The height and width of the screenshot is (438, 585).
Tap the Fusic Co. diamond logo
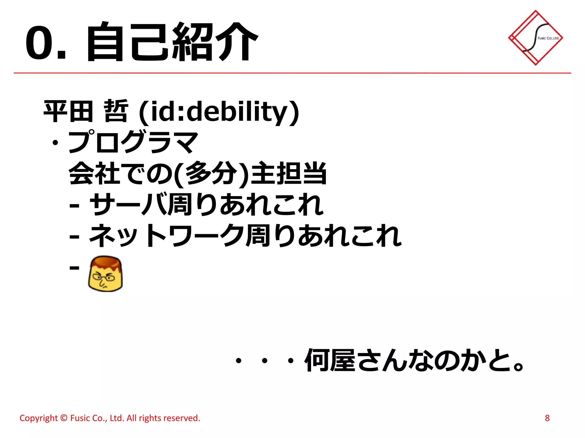535,38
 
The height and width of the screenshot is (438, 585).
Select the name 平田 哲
86,111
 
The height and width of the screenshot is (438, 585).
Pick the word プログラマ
133,142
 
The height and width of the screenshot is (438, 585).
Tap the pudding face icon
105,274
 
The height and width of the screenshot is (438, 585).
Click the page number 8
547,418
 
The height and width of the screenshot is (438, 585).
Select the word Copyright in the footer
39,418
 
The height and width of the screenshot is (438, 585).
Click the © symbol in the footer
64,418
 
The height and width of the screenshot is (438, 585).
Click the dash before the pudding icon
74,267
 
